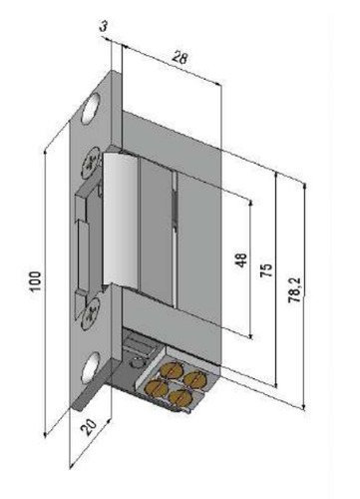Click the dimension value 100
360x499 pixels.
[35, 280]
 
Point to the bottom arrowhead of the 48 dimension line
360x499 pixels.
[249, 335]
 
